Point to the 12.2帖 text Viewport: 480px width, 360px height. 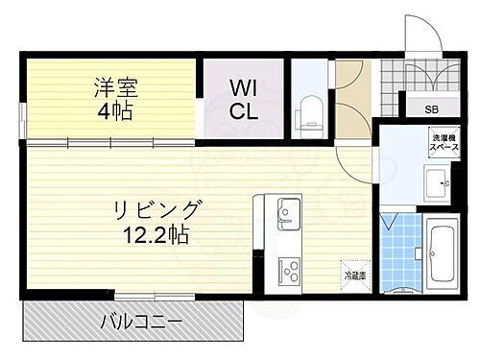159,233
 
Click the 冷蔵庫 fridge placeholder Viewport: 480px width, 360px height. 354,275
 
